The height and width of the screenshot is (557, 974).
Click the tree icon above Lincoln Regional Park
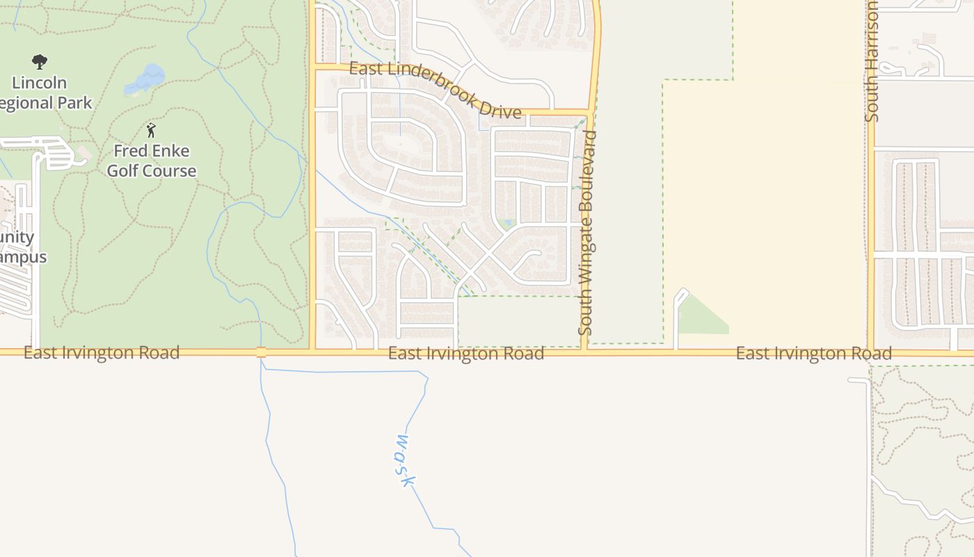(40, 62)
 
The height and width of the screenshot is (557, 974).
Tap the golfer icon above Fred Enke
(151, 130)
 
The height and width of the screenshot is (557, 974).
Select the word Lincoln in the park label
(40, 83)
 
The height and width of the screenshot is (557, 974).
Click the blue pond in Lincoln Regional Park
(146, 79)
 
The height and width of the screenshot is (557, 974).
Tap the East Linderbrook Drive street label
(435, 90)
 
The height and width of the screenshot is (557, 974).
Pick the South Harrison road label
(872, 61)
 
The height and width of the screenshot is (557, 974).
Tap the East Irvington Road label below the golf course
(102, 353)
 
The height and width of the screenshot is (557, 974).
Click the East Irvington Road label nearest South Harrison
(813, 354)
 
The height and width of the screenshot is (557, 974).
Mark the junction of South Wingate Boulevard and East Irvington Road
(585, 352)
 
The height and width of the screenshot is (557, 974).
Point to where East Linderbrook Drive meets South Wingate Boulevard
(590, 112)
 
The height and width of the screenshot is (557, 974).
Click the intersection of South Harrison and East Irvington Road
(870, 352)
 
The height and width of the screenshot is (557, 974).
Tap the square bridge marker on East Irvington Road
(261, 352)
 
